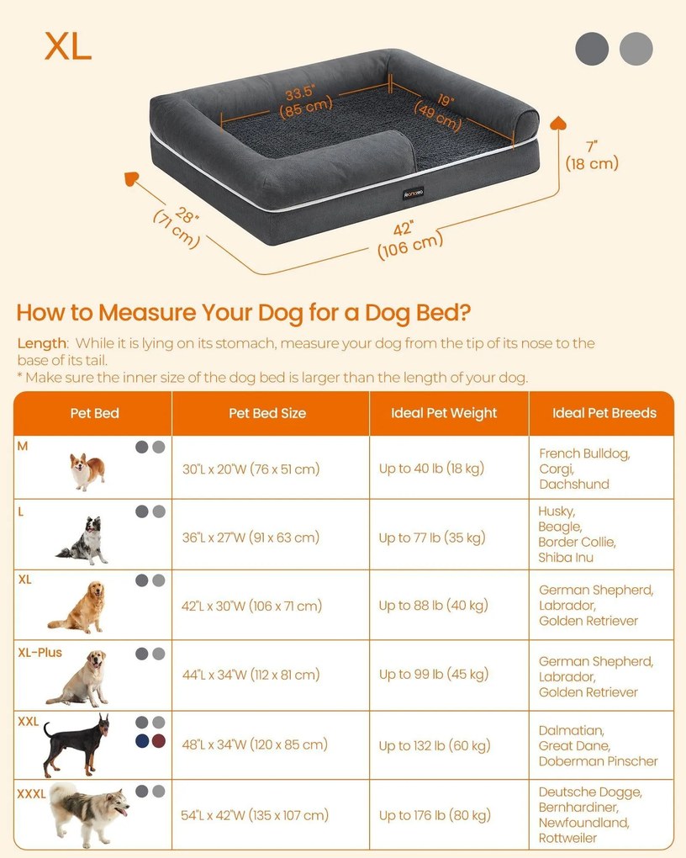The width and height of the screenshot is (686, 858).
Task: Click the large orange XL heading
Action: [x=68, y=46]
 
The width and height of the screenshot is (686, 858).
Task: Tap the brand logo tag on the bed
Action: [x=413, y=193]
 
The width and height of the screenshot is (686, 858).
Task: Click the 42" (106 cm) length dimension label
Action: [x=409, y=240]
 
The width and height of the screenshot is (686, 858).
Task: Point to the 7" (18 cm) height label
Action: [x=592, y=156]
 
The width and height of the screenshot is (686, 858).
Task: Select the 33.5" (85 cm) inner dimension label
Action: [x=306, y=101]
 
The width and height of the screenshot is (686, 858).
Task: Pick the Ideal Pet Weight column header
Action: [x=444, y=413]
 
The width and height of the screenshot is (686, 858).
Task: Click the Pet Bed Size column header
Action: [x=267, y=413]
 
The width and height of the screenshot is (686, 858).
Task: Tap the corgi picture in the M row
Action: [x=87, y=471]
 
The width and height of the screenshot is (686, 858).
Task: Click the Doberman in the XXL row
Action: [x=77, y=744]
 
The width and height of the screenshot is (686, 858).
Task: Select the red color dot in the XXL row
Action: [x=159, y=741]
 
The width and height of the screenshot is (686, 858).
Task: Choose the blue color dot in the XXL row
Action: [x=142, y=741]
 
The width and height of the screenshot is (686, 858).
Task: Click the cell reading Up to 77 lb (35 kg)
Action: [x=432, y=538]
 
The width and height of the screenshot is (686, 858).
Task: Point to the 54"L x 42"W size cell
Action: [x=255, y=815]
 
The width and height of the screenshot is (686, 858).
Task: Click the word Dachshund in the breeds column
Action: [x=574, y=485]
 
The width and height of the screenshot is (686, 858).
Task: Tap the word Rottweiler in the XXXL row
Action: [x=567, y=838]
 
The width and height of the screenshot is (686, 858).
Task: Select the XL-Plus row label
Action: [x=40, y=652]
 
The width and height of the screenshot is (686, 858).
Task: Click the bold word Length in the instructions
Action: [x=41, y=344]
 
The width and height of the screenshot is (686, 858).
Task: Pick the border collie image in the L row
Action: [x=83, y=540]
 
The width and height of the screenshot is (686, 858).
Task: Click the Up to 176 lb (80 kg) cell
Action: [x=435, y=815]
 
